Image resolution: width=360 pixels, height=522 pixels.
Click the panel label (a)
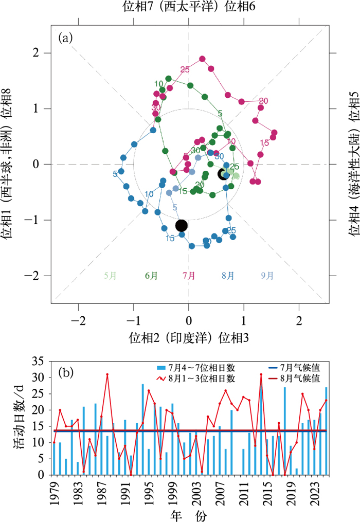click(x=67, y=37)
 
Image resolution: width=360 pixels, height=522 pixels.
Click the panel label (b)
click(x=67, y=371)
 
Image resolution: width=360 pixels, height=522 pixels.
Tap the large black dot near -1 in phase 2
click(x=181, y=225)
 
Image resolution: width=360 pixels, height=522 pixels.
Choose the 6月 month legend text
click(x=151, y=275)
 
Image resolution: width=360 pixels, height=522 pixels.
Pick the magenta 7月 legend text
click(x=189, y=275)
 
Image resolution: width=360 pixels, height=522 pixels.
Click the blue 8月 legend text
click(x=228, y=275)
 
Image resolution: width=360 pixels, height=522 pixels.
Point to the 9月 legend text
click(x=267, y=275)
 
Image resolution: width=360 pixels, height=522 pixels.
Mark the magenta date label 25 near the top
click(x=185, y=70)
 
